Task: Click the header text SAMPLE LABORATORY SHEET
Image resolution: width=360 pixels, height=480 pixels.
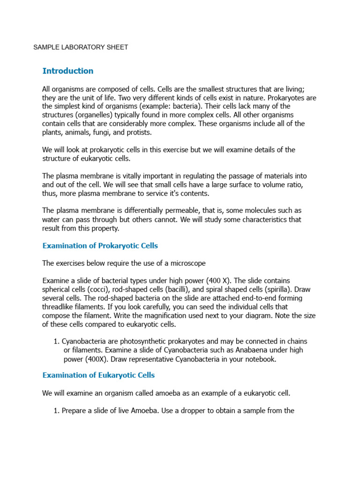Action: pyautogui.click(x=81, y=47)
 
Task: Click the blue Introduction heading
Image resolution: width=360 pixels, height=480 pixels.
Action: pyautogui.click(x=68, y=71)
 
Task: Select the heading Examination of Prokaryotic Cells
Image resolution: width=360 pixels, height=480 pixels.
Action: pyautogui.click(x=100, y=246)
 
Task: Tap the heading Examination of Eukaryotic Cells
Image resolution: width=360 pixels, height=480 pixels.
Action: pyautogui.click(x=98, y=375)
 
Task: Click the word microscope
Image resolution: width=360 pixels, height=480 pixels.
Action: pyautogui.click(x=188, y=263)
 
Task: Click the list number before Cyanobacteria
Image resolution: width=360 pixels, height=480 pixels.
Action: pyautogui.click(x=57, y=341)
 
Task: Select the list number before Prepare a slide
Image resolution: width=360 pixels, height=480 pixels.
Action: pyautogui.click(x=57, y=411)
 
